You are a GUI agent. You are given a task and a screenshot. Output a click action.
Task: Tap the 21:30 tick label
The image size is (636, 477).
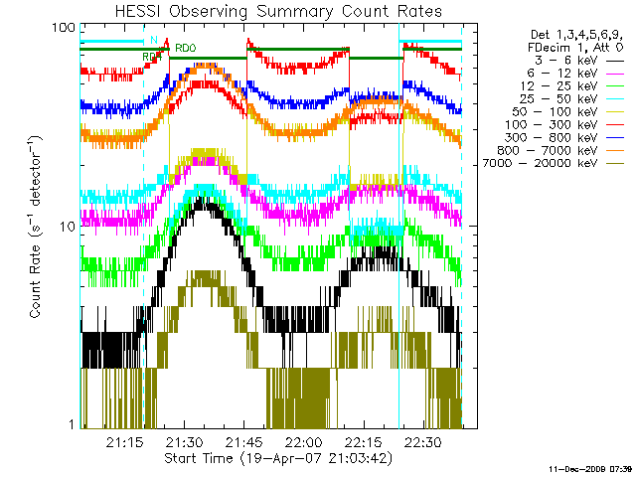[x=185, y=441]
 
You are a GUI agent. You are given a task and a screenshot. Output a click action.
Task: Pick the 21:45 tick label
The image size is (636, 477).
[x=244, y=441]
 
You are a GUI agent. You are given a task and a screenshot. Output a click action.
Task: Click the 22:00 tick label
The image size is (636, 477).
[x=304, y=441]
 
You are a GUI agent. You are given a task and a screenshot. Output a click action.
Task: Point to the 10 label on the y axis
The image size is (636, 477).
[x=68, y=227]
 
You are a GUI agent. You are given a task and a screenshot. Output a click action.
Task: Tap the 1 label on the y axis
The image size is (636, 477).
[x=72, y=425]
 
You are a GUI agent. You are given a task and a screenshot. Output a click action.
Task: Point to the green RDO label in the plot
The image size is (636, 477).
[x=185, y=47]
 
